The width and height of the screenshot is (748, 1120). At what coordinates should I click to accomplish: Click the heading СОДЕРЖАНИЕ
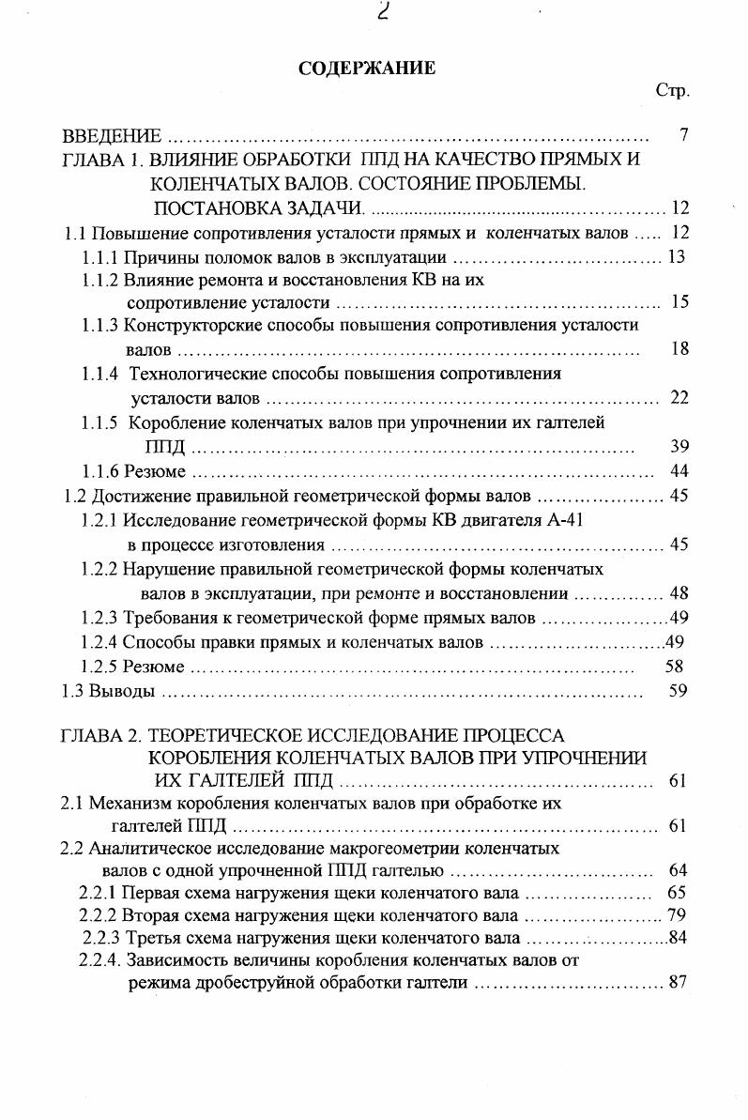[367, 68]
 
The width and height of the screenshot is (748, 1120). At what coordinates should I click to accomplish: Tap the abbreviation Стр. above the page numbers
[672, 91]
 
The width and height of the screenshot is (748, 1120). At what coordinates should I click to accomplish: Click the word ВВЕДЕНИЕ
[112, 136]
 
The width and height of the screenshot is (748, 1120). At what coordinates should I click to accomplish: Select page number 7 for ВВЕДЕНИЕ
[684, 136]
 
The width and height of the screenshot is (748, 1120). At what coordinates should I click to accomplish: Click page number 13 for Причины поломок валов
[677, 257]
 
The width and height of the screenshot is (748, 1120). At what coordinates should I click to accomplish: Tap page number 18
[680, 349]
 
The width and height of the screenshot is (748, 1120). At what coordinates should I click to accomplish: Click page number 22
[680, 398]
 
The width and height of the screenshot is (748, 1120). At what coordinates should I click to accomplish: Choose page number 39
[680, 446]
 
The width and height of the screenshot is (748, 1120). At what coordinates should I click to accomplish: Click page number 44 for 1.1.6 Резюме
[680, 470]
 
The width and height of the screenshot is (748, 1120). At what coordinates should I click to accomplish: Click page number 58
[674, 667]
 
